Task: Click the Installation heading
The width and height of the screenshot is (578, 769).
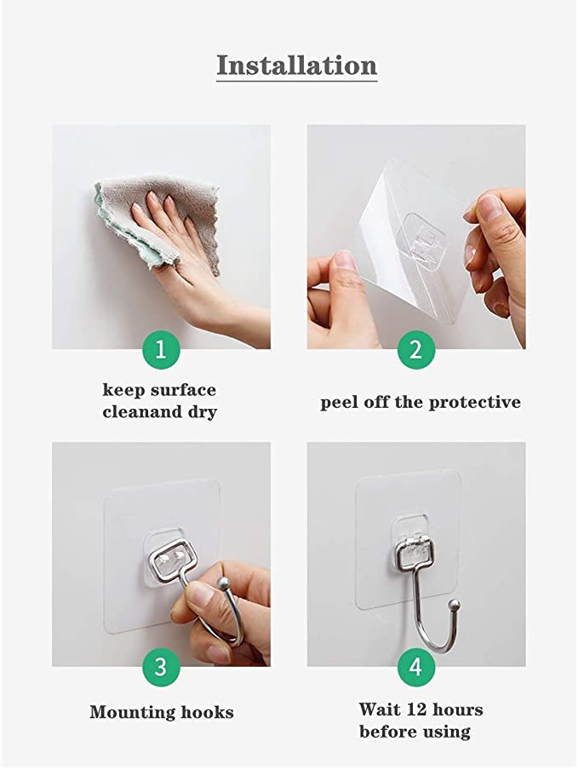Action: tap(297, 66)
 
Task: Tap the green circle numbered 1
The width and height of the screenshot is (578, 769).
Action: tap(161, 350)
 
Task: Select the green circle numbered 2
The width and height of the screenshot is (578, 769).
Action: tap(416, 350)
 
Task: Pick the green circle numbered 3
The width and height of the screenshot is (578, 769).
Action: tap(161, 668)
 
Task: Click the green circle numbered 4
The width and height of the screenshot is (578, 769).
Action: tap(416, 668)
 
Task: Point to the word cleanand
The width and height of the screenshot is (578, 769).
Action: tap(142, 411)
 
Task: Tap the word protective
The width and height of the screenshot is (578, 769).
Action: tap(474, 403)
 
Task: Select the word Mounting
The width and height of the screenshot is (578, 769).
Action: tap(132, 713)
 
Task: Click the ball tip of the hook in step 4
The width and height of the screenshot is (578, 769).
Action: tap(455, 604)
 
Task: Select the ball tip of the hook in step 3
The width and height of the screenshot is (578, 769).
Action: tap(224, 583)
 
